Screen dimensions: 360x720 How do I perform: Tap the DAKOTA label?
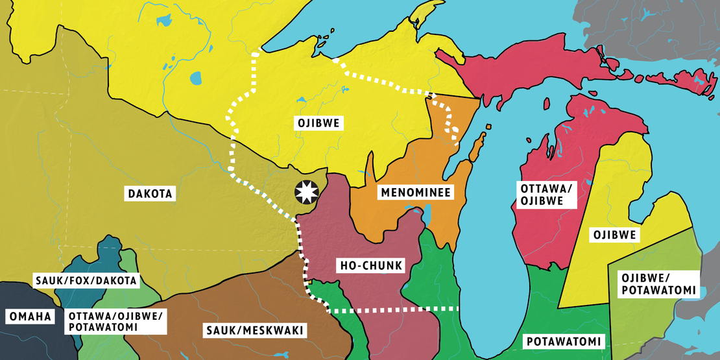(x=149, y=193)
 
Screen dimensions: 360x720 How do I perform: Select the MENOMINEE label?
(x=415, y=193)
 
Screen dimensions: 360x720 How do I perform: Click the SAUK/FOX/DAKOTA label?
(x=85, y=281)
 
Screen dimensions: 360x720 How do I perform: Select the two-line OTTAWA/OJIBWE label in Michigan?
(x=546, y=195)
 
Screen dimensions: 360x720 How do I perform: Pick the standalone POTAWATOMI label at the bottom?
(x=563, y=341)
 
